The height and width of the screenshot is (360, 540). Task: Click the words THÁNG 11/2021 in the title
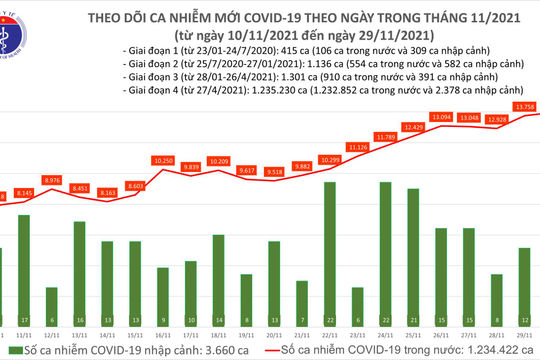click(367, 13)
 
